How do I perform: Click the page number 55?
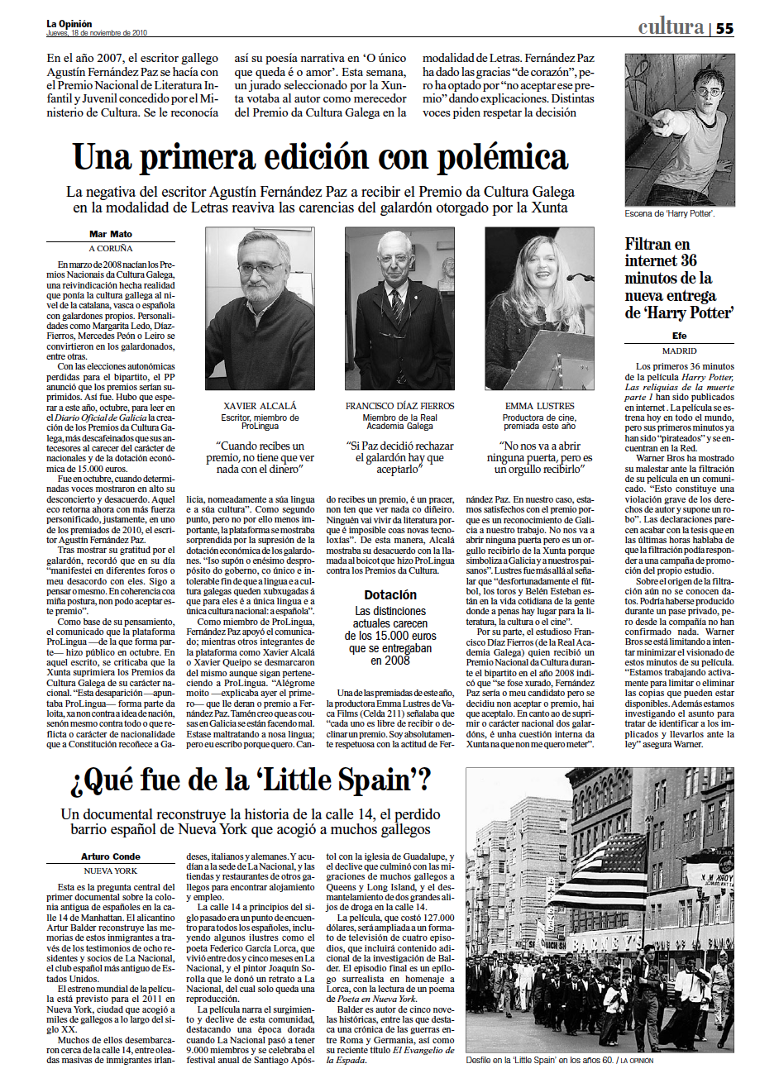[x=724, y=28]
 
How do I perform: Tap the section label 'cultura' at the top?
[x=671, y=27]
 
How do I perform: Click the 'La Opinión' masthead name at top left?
[x=69, y=24]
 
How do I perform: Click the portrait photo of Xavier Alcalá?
[x=260, y=308]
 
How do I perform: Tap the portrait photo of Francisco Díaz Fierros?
[x=399, y=308]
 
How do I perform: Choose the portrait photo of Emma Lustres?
[x=539, y=308]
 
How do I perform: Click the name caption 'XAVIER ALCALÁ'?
[x=260, y=406]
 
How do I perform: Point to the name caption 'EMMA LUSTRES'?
[x=539, y=406]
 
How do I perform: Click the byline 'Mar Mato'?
[x=111, y=235]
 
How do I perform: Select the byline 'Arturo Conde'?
[x=111, y=856]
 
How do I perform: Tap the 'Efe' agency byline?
[x=679, y=336]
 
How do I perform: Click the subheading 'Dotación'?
[x=390, y=594]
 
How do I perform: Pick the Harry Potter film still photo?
[x=679, y=129]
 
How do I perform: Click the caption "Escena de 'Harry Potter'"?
[x=670, y=214]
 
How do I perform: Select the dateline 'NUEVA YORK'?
[x=111, y=871]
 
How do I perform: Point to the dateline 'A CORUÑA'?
[x=111, y=248]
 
